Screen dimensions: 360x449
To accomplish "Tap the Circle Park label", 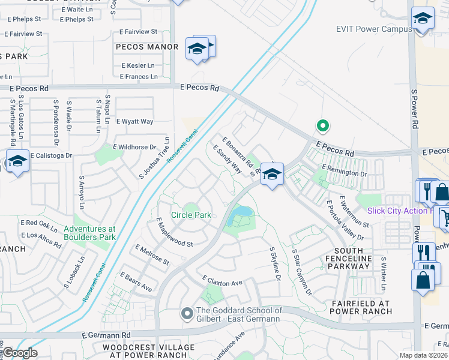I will coord(191,215).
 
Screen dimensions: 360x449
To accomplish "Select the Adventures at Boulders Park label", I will coord(89,233).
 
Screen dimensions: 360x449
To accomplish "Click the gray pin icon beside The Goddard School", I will coord(187,313).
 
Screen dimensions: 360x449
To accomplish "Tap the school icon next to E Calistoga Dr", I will coord(17,161).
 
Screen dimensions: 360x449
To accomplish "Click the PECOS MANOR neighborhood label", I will coord(147,47).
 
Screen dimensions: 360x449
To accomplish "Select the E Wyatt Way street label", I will coord(135,121).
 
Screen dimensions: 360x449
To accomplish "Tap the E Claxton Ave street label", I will coord(222,281).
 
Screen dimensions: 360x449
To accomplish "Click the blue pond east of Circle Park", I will coord(241,212).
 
